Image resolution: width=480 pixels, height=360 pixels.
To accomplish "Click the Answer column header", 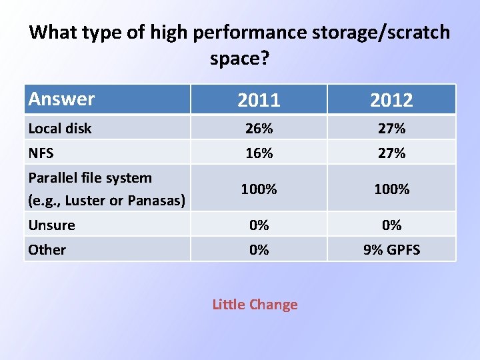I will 61,99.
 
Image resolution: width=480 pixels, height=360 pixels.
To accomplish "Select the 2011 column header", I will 259,100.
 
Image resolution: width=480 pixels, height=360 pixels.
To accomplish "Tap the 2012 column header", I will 391,100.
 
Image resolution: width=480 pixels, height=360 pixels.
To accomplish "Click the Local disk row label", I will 60,128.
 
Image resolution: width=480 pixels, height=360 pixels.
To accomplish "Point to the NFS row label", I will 41,153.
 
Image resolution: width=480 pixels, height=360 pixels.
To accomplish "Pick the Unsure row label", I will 51,225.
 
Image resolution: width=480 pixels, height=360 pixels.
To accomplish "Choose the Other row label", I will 47,249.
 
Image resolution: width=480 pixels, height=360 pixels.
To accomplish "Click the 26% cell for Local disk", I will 259,128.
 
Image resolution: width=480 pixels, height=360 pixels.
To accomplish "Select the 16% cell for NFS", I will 259,153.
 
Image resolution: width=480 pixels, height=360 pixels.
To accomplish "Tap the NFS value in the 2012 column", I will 391,153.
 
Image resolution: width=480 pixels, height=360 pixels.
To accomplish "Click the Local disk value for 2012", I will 391,128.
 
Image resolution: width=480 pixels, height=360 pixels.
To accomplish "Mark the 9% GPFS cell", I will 391,249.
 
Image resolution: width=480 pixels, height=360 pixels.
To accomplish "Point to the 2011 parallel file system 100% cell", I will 259,189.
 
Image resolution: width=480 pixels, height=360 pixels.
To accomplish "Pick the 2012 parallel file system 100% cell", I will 391,189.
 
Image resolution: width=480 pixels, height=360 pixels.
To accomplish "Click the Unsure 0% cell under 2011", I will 259,225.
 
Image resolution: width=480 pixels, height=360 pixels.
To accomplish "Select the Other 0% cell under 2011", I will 259,249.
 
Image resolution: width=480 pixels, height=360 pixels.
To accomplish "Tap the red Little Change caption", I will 255,305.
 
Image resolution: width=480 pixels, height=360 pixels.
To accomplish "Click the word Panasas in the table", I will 159,200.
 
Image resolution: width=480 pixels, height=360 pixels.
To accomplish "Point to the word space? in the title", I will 240,59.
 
